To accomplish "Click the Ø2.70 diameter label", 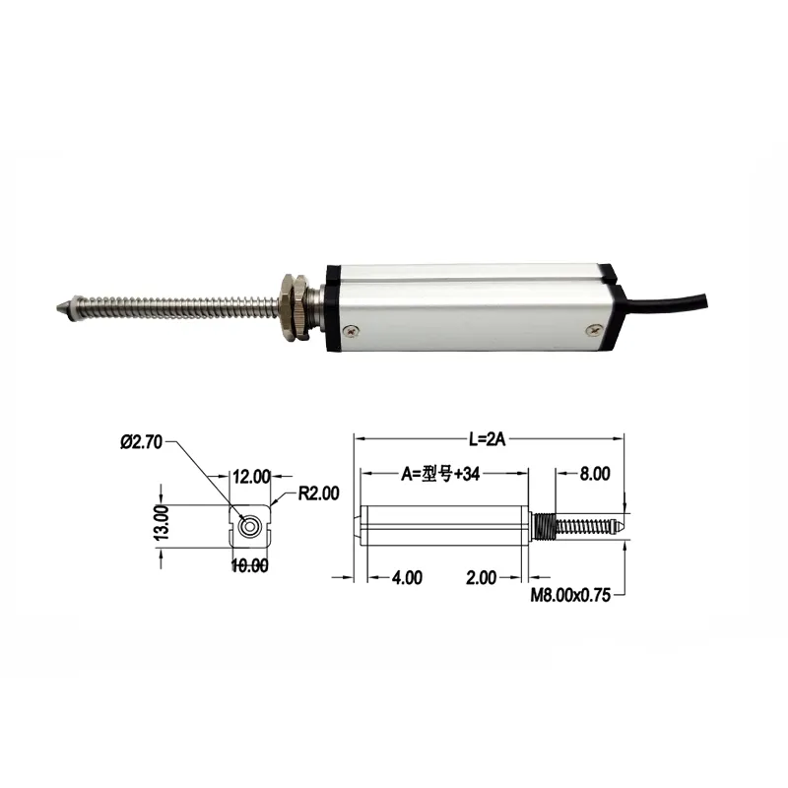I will [142, 442].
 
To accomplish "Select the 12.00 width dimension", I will [250, 477].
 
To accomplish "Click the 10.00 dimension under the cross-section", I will [249, 565].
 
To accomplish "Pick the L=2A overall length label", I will [489, 439].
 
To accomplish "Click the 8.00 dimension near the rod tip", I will [594, 474].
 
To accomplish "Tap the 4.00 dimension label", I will [406, 578].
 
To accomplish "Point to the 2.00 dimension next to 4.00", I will [481, 578].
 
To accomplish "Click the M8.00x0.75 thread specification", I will [571, 595].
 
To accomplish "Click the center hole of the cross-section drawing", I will [252, 526].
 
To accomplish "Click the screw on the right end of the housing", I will [592, 333].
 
